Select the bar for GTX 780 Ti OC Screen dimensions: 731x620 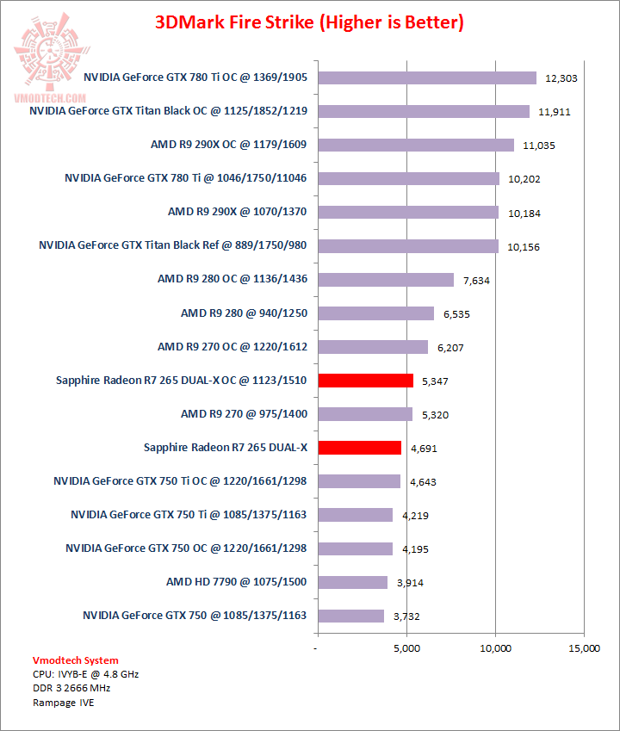coord(427,77)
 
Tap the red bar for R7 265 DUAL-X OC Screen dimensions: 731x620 coord(366,380)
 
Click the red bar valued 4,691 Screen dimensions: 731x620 coord(360,447)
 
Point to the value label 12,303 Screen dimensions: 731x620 coord(561,78)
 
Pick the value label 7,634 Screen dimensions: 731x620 coord(479,280)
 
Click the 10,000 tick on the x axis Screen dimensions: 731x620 coord(495,647)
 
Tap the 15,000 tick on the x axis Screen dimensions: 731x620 coord(584,647)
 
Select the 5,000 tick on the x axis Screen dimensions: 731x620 coord(406,647)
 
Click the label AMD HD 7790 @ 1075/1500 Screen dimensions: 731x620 coord(237,582)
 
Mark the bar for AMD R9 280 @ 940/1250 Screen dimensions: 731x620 coord(376,313)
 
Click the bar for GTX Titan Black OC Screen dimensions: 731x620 coord(424,111)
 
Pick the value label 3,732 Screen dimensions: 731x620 coord(408,616)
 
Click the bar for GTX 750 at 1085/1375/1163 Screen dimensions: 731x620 coord(351,616)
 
